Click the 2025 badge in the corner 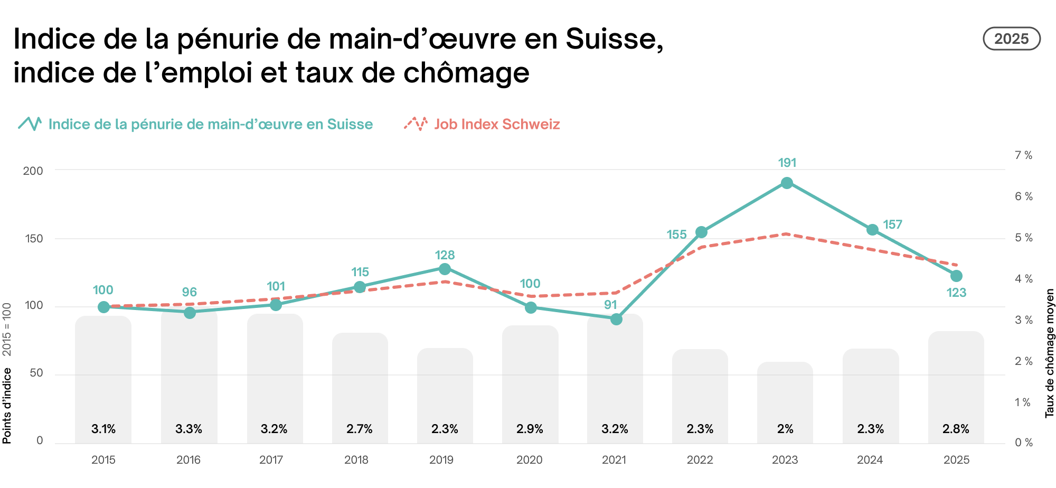tap(1011, 39)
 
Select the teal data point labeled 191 tap(786, 183)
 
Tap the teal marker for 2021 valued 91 tap(616, 319)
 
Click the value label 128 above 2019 tap(445, 255)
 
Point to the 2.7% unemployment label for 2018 tap(360, 429)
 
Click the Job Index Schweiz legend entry tap(496, 124)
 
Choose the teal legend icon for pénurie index tap(30, 124)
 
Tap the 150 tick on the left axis tap(34, 239)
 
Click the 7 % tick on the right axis tap(1023, 155)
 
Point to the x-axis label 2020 tap(529, 460)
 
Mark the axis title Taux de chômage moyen tap(1050, 353)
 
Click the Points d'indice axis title tap(7, 406)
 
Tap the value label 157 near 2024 tap(892, 224)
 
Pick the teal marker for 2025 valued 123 tap(956, 276)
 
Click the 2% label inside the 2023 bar tap(785, 429)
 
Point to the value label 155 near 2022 tap(676, 234)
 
